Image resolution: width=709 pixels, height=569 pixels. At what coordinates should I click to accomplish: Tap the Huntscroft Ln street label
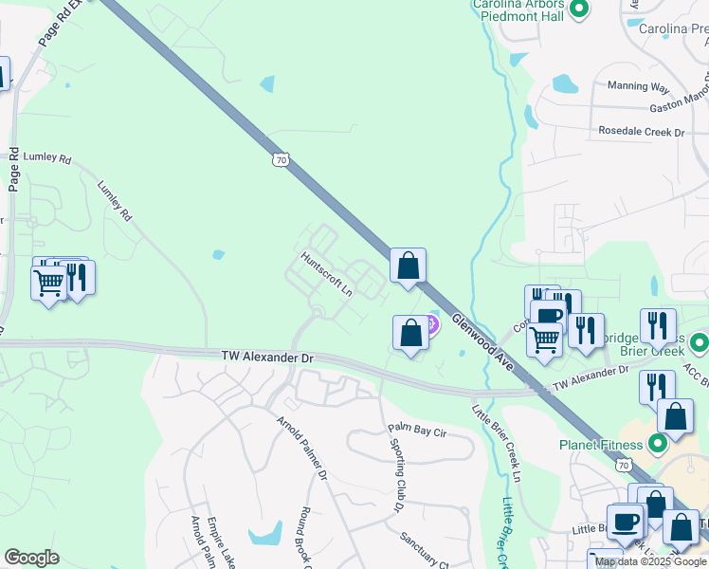(x=327, y=272)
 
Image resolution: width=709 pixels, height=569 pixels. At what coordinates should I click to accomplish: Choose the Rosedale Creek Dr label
(x=641, y=132)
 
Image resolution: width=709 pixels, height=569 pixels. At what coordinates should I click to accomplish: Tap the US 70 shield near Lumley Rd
(x=279, y=159)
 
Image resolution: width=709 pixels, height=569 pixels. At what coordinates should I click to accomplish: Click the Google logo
(x=31, y=558)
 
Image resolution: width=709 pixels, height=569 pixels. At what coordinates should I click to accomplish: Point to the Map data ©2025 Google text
(x=650, y=561)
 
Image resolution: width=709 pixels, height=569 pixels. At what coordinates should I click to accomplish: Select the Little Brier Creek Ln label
(x=497, y=440)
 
